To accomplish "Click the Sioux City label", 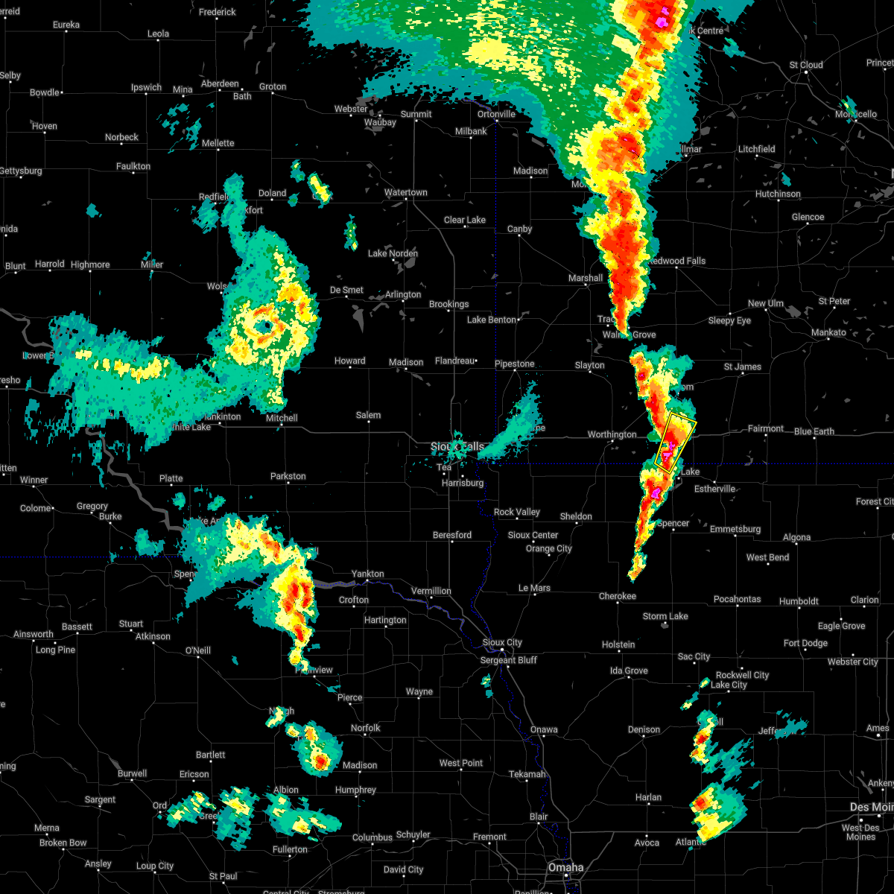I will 502,643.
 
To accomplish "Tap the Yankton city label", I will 367,574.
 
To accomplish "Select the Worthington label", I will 612,434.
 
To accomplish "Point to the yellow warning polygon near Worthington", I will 676,441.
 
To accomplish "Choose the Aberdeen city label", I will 220,83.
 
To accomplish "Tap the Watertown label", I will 406,192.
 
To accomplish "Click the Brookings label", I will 448,304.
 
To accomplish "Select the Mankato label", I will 828,332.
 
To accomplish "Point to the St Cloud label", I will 806,65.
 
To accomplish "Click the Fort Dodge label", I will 805,643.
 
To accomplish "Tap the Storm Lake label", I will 665,616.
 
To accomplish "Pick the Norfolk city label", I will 365,728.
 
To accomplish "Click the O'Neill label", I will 197,650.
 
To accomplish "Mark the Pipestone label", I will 514,364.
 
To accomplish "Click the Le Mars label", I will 534,588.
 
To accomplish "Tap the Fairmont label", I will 766,428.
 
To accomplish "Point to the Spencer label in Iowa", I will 673,523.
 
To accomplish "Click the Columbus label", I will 372,837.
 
